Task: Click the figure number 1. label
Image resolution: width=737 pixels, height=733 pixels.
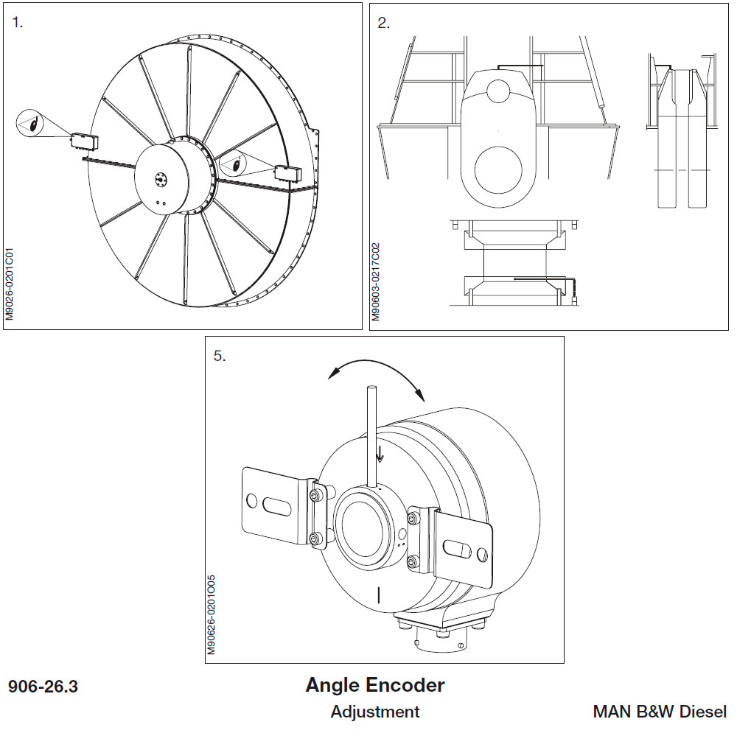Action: click(18, 22)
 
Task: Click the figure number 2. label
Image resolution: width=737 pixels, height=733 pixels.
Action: click(383, 22)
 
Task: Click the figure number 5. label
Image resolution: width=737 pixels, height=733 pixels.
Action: click(220, 356)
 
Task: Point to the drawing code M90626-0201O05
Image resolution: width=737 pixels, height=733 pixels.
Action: click(211, 616)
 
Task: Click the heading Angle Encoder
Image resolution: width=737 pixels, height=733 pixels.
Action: click(375, 685)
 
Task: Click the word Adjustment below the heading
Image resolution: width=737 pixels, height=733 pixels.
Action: click(375, 712)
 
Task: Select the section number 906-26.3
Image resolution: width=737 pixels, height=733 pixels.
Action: click(43, 687)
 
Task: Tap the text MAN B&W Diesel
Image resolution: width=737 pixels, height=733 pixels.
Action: click(660, 712)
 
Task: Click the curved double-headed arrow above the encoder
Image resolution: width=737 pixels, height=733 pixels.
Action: click(376, 372)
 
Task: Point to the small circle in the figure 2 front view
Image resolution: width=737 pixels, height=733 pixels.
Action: click(498, 91)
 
